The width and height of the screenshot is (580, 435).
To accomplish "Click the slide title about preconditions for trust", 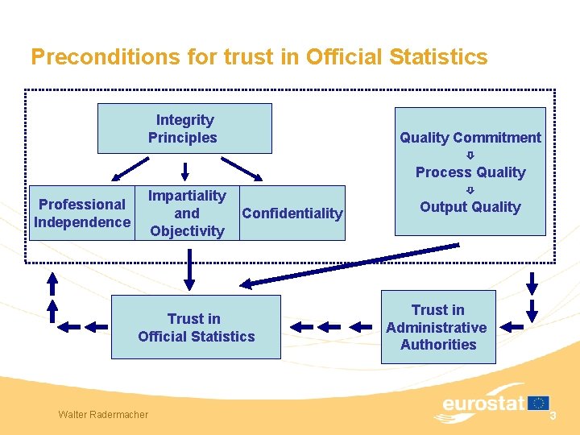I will (x=259, y=57).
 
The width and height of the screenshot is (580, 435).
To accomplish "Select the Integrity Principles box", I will (x=184, y=129).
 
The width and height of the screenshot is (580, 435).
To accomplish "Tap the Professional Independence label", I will (x=82, y=213).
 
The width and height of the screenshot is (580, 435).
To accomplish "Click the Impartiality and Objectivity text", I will (x=187, y=213).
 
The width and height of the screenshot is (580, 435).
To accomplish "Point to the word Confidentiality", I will (x=292, y=213).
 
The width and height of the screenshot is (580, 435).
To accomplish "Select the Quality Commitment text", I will (x=470, y=138).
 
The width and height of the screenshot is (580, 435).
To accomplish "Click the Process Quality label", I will (x=470, y=172).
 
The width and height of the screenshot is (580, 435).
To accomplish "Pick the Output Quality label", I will (x=470, y=207).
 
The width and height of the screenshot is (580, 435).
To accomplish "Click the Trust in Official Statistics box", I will (x=196, y=327).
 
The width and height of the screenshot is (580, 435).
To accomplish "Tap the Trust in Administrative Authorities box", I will (x=437, y=327).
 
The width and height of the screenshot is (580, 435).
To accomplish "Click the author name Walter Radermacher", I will (x=103, y=414).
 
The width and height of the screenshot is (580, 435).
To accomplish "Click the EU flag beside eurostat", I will (x=539, y=402).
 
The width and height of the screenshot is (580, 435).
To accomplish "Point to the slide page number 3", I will (x=553, y=415).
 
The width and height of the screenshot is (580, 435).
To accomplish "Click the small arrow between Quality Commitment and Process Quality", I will (x=470, y=155).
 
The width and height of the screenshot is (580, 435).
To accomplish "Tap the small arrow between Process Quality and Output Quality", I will (x=470, y=190).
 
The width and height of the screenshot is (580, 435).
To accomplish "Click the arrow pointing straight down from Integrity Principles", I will (x=185, y=171).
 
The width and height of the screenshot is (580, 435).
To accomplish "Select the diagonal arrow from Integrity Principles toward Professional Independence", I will (x=130, y=168).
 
